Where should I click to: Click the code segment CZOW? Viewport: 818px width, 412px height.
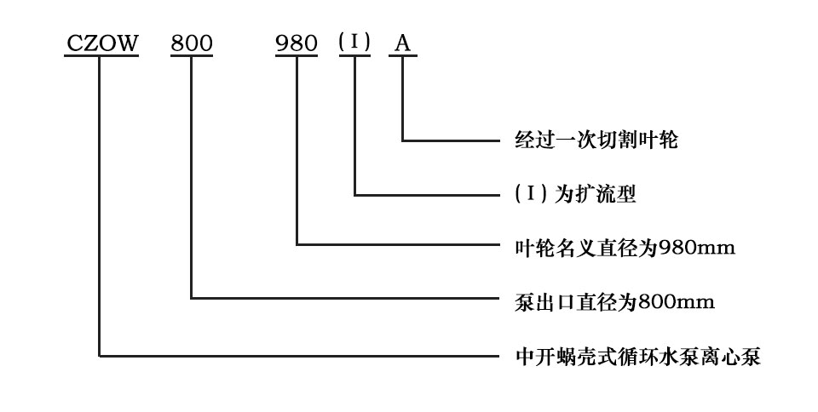(101, 43)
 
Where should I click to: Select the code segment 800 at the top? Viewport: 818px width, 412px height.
(192, 43)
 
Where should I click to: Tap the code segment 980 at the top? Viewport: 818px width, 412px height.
(297, 43)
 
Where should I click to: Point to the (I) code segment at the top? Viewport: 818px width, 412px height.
(354, 42)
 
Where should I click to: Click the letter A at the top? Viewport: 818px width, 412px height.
(402, 43)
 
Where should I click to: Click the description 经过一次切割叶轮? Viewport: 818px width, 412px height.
(596, 140)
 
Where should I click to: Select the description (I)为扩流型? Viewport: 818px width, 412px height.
(575, 194)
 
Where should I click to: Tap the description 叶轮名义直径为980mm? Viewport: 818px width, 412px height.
(625, 248)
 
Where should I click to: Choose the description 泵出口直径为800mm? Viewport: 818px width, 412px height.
(614, 301)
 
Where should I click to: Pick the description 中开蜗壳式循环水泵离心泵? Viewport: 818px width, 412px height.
(637, 357)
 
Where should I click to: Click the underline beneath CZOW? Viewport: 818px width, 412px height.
(101, 55)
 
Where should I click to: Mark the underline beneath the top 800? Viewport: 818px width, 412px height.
(192, 55)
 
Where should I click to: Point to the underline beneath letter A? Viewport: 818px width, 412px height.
(403, 55)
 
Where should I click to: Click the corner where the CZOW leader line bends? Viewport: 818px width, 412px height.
(99, 357)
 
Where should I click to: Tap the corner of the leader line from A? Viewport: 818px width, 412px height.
(403, 140)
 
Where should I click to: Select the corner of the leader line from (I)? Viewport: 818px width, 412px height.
(354, 195)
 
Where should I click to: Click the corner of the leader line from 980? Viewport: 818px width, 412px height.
(297, 243)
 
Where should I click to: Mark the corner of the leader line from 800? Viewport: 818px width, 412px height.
(192, 299)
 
